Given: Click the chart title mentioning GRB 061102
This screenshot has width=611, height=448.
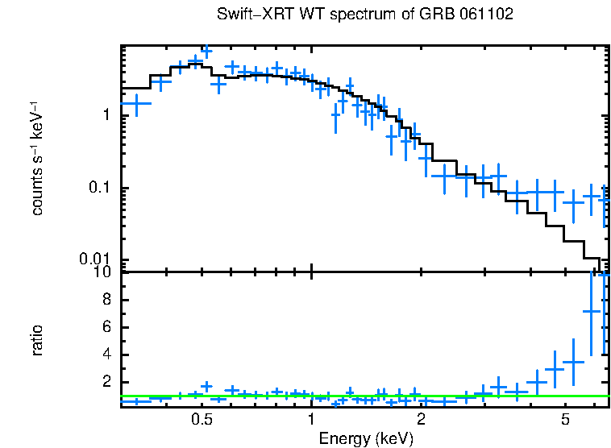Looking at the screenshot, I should coord(365,15).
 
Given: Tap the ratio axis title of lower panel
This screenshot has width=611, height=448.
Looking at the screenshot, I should coord(37,340).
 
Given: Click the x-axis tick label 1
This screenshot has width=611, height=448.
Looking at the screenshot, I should coord(311,421).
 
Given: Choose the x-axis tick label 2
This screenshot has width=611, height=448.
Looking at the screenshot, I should coord(421,421).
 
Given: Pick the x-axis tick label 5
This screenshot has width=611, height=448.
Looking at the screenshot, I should coord(566,421).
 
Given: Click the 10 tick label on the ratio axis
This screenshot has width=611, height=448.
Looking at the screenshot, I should coord(102,272).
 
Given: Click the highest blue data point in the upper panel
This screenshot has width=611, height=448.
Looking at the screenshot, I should coord(206,52).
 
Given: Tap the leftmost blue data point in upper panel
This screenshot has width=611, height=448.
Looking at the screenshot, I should coord(135,103).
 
